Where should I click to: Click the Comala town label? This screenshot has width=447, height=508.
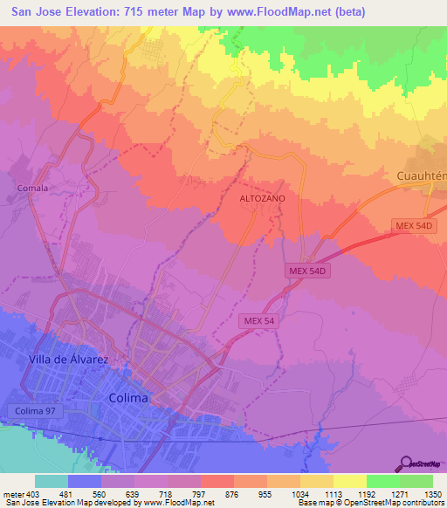[x=31, y=188]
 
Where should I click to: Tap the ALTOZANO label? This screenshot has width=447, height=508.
[x=262, y=199]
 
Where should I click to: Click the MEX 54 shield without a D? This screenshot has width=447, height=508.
[x=259, y=321]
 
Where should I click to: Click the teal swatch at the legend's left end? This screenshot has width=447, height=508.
[x=51, y=481]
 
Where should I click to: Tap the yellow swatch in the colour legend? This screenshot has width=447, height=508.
[x=349, y=481]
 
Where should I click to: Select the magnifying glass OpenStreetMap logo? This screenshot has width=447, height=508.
[x=406, y=464]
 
